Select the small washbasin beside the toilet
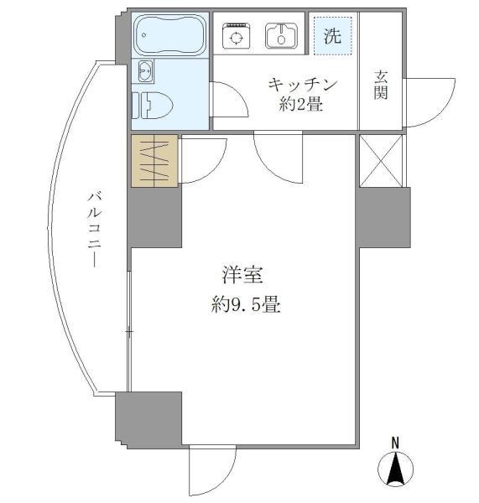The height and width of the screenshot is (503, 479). point(144,72)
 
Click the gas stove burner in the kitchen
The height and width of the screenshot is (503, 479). point(236,36)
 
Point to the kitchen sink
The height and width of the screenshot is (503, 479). point(280,36)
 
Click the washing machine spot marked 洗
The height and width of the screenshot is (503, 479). point(332,36)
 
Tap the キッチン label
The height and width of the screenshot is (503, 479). point(302,84)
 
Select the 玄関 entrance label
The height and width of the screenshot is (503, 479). point(380,84)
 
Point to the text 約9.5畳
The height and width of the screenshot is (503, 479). point(245,305)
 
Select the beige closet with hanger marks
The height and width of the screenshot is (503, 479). point(155,160)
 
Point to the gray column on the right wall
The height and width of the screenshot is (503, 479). point(383,217)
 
